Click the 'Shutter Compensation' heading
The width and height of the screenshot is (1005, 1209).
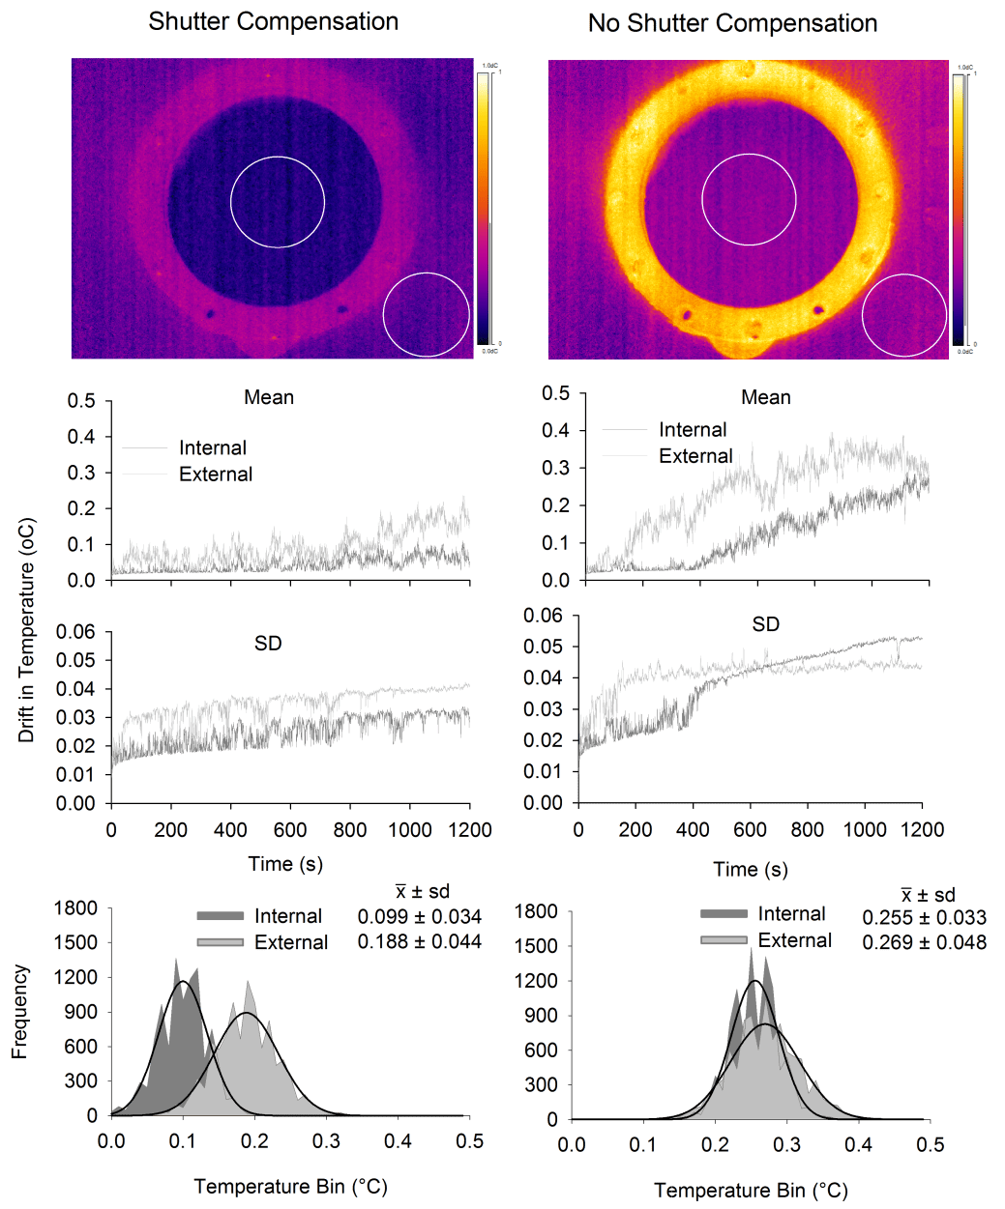pos(273,21)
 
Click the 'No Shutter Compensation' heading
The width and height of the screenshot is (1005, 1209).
pos(732,23)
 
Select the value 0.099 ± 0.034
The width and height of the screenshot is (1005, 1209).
pos(419,916)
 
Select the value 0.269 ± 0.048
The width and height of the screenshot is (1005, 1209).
pos(924,942)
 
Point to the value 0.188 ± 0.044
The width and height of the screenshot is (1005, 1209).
pos(419,941)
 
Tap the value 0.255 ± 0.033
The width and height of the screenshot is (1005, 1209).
pos(924,917)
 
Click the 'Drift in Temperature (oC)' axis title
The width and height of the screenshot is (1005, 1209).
pos(26,630)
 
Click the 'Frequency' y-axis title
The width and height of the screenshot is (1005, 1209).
pos(19,1011)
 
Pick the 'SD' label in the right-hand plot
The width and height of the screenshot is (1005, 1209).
pos(765,624)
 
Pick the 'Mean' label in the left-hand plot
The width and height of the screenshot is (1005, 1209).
pos(269,397)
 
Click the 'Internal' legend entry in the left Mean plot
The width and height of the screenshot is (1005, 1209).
pos(212,447)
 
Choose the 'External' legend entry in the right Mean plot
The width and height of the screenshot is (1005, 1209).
pos(695,455)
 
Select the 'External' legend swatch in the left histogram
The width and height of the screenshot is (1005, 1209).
pos(220,942)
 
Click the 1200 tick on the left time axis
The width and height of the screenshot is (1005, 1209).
pos(468,830)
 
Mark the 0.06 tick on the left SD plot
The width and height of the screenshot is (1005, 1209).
pos(75,632)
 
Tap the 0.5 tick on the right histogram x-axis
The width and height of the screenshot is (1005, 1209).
pos(930,1144)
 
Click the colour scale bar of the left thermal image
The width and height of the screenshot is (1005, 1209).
pos(483,207)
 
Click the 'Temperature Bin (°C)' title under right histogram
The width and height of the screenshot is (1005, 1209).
pos(751,1190)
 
